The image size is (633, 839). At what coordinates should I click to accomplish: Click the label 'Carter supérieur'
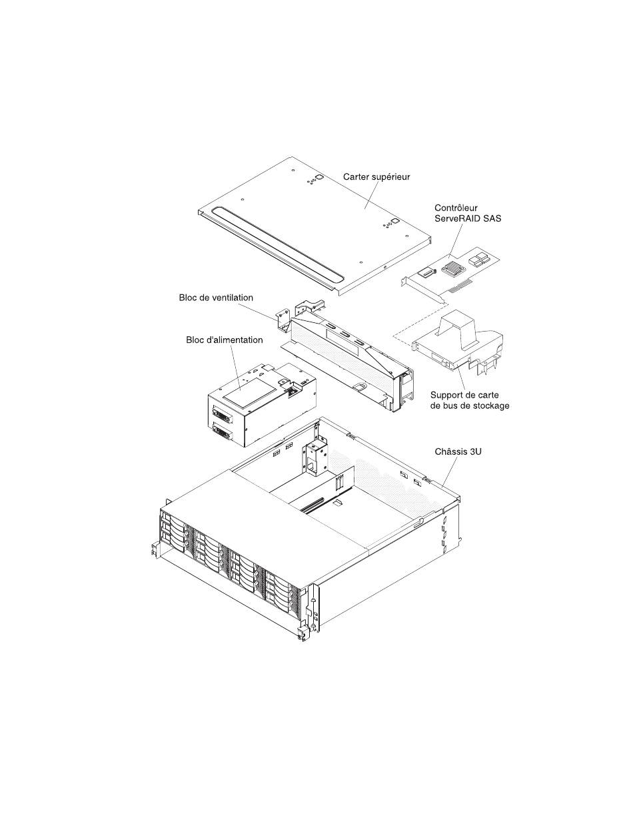376,177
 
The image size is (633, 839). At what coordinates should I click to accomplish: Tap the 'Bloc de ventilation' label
216,298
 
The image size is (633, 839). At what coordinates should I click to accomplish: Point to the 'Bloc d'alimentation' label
224,340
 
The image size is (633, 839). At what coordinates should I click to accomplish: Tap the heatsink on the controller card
452,269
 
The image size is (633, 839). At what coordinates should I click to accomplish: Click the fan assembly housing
346,360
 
